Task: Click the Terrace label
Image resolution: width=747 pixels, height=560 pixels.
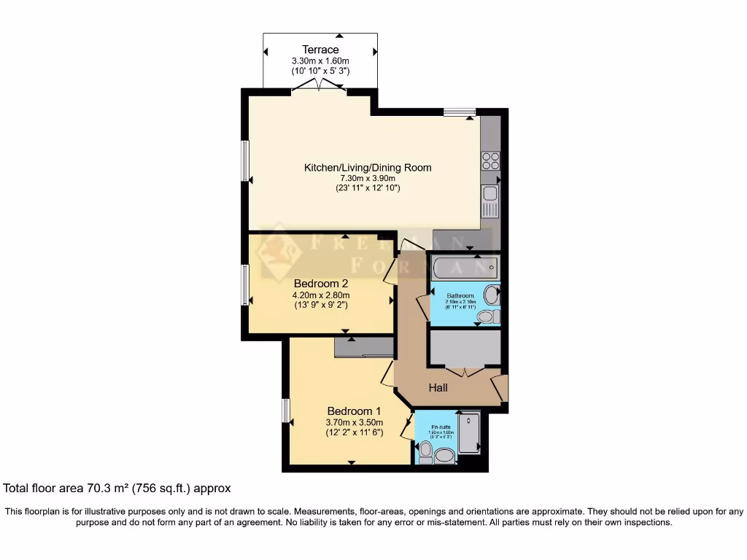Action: pyautogui.click(x=320, y=50)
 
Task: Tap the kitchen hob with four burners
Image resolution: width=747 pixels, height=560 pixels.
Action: pyautogui.click(x=490, y=160)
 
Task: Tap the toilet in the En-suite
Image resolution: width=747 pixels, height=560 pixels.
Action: pyautogui.click(x=443, y=456)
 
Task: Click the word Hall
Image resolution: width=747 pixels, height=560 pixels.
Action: pyautogui.click(x=438, y=388)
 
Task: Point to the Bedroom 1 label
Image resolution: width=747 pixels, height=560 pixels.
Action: pyautogui.click(x=354, y=411)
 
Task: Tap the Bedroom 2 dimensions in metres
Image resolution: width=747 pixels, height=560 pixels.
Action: pyautogui.click(x=320, y=295)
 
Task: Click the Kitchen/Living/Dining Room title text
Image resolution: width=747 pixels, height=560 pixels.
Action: pyautogui.click(x=368, y=168)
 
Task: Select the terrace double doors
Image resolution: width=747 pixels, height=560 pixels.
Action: pyautogui.click(x=319, y=87)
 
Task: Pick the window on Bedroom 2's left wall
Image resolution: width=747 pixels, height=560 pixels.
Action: pyautogui.click(x=246, y=284)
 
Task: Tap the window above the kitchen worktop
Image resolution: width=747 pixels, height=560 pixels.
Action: pyautogui.click(x=460, y=112)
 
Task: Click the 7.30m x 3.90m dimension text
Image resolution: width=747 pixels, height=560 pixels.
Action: pyautogui.click(x=368, y=178)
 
